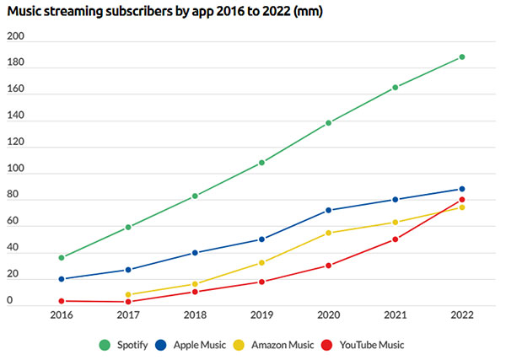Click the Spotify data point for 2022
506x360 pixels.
click(462, 57)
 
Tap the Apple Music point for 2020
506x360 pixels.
click(328, 210)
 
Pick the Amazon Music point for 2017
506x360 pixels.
click(128, 295)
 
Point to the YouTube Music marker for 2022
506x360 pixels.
click(462, 200)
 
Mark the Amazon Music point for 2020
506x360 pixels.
click(328, 233)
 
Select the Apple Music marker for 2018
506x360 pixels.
click(195, 253)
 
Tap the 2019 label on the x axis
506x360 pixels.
click(261, 316)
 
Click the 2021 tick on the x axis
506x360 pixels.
click(395, 316)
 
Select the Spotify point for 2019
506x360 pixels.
click(261, 163)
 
